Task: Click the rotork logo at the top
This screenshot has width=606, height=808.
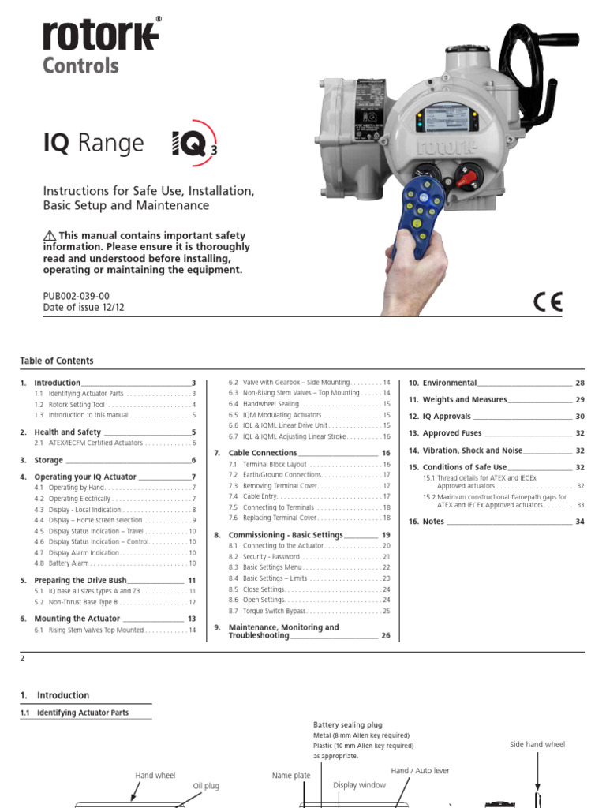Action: (100, 36)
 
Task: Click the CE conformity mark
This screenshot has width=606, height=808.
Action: (546, 302)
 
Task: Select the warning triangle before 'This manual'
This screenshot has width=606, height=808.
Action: (50, 236)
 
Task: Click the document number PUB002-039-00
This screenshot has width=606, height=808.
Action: (77, 296)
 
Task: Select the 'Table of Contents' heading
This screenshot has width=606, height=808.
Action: (57, 361)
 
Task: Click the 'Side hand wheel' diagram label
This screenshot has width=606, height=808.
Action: (537, 744)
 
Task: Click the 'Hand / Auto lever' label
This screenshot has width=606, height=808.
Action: (420, 770)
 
